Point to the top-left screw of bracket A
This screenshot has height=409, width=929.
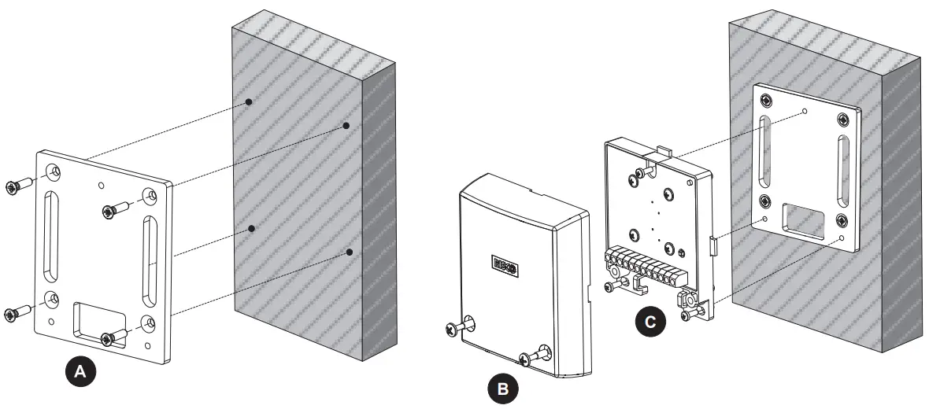pos(16,187)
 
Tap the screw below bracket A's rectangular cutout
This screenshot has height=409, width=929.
pos(112,338)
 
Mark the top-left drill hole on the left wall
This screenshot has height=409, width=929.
pos(248,102)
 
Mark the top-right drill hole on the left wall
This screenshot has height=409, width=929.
pos(346,125)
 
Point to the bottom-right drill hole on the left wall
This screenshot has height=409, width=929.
pos(350,252)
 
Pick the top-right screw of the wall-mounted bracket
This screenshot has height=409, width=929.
pos(843,120)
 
